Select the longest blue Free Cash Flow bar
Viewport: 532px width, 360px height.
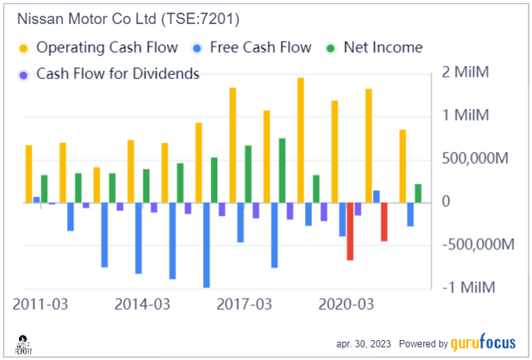[x=206, y=245]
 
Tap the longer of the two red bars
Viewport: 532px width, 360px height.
[x=350, y=231]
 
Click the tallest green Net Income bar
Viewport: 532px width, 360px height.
[x=282, y=170]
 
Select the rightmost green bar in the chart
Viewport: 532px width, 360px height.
[x=418, y=193]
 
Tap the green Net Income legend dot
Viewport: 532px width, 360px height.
[x=330, y=47]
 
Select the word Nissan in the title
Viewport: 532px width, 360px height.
[x=33, y=17]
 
